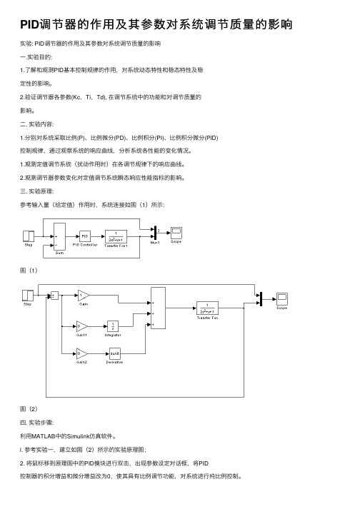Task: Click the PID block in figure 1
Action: point(85,236)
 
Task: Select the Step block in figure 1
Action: point(29,236)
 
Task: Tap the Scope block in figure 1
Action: point(176,233)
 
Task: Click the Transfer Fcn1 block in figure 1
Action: point(116,236)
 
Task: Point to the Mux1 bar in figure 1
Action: point(155,233)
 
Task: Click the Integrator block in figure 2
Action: point(113,326)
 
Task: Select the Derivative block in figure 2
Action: point(114,353)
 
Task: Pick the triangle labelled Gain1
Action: point(82,326)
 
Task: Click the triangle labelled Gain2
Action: point(82,353)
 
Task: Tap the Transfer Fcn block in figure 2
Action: point(207,308)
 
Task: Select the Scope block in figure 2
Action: point(282,298)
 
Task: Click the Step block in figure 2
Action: point(28,296)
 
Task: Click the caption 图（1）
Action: point(29,271)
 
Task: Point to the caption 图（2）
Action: point(29,409)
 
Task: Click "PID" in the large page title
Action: point(29,24)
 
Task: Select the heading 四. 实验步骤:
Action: point(36,423)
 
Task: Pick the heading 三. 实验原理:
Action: point(36,191)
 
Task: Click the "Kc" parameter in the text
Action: point(78,97)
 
